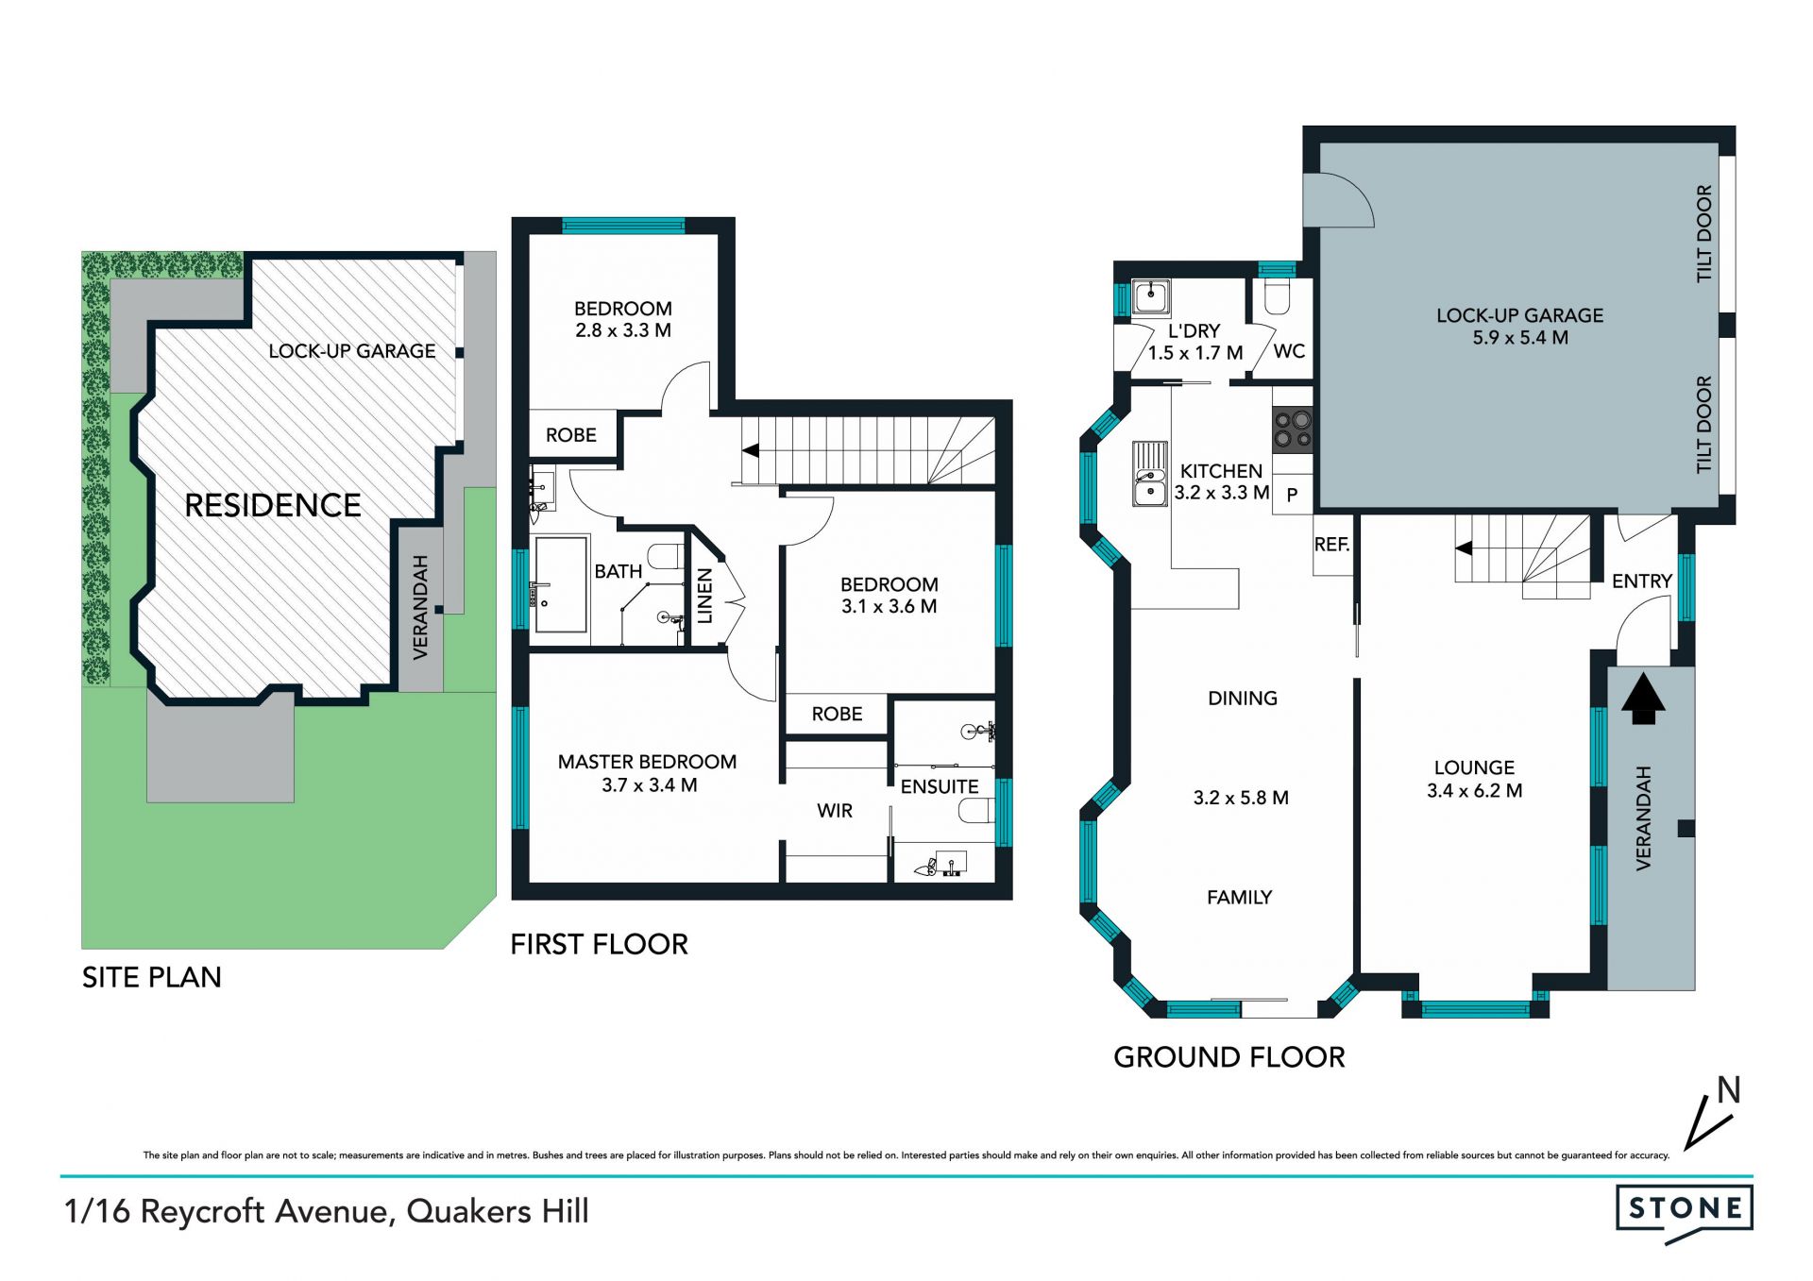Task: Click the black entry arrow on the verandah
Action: click(1643, 698)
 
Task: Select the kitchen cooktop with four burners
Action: click(1293, 429)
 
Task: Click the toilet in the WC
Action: click(1277, 296)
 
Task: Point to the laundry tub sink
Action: click(1151, 296)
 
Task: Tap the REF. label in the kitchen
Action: click(1331, 545)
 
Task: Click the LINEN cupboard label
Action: click(704, 596)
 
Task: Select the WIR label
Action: click(835, 811)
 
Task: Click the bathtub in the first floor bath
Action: click(561, 584)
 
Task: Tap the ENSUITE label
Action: click(940, 786)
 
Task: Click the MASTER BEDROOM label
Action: click(647, 762)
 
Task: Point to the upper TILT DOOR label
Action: click(1704, 233)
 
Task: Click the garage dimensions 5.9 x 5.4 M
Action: click(1520, 338)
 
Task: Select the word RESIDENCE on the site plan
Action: click(273, 505)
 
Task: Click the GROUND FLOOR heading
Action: click(1229, 1057)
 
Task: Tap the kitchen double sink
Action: click(1150, 474)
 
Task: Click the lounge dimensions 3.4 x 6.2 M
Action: click(1474, 791)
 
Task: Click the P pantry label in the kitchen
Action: click(1292, 495)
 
